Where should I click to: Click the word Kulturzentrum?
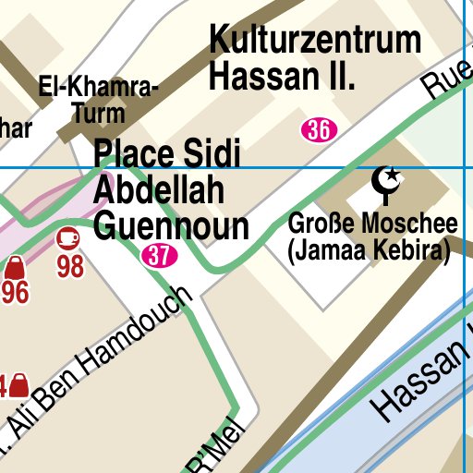[x=315, y=42]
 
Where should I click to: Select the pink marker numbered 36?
[x=318, y=130]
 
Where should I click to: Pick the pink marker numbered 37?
[x=160, y=256]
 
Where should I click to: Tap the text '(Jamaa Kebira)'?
[x=369, y=249]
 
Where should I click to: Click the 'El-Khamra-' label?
[x=99, y=89]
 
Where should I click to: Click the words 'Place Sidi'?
[x=167, y=153]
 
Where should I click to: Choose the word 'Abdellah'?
[x=160, y=189]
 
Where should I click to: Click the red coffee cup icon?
[x=68, y=239]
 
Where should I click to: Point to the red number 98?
[x=71, y=267]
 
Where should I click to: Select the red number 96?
[x=14, y=294]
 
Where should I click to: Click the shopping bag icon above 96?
[x=14, y=269]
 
